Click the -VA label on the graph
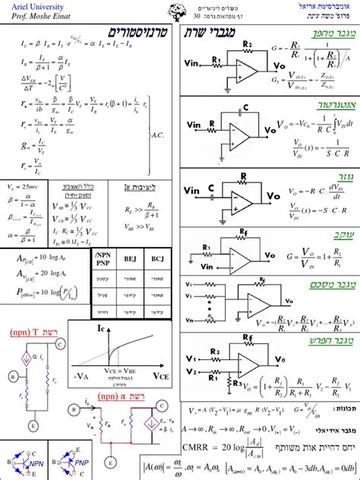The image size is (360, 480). pyautogui.click(x=81, y=376)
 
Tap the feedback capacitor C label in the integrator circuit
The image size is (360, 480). pyautogui.click(x=245, y=107)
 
